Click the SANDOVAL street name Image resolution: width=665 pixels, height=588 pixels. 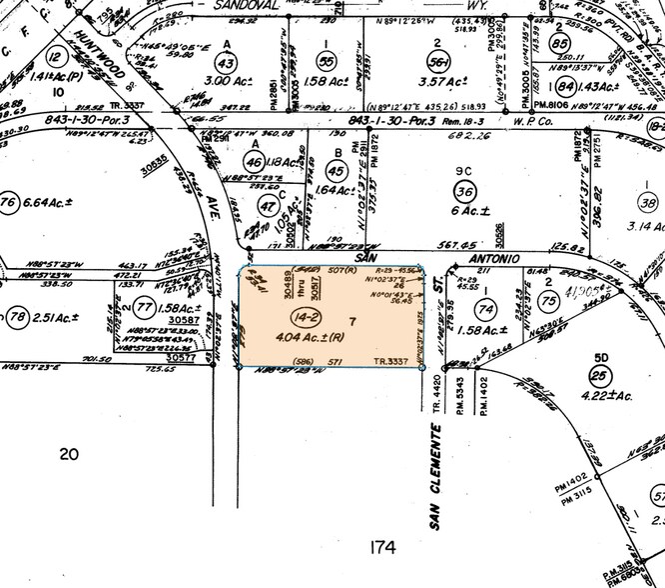tap(250, 5)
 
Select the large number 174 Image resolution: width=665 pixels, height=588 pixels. tap(381, 547)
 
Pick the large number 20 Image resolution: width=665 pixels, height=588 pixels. tap(68, 455)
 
